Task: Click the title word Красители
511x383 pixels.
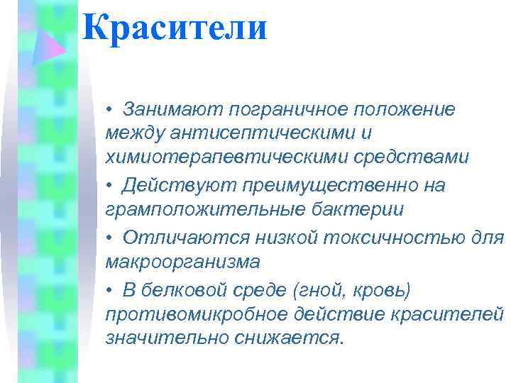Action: pos(175,29)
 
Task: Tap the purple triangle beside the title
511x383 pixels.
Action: pos(51,44)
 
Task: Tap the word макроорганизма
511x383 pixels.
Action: pos(182,262)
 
